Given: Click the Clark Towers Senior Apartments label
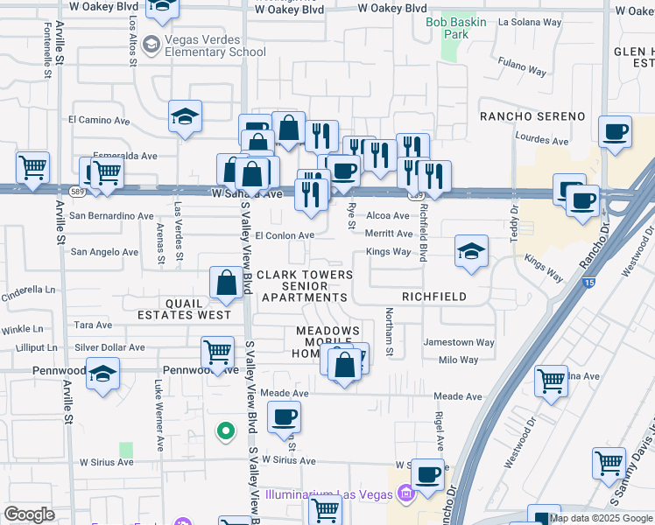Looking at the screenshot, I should (304, 286).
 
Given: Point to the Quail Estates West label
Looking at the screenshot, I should (184, 307).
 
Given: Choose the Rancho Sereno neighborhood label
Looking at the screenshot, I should (532, 116).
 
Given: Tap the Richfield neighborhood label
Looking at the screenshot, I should (434, 297).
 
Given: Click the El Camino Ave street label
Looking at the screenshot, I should (99, 119).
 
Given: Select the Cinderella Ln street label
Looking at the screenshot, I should (28, 289).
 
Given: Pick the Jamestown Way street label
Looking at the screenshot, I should (458, 342).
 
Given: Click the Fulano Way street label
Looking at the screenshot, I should (522, 63).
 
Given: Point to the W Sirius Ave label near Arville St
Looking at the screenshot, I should (106, 461).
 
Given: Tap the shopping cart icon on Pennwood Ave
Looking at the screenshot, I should (217, 353).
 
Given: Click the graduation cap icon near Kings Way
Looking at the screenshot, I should (471, 250).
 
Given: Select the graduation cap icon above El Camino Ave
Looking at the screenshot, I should (186, 116).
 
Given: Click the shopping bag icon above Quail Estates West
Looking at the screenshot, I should (226, 283).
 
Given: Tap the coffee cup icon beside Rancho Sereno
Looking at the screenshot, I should (616, 131).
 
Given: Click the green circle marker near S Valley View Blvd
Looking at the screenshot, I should (225, 430).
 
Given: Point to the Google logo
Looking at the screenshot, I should (30, 514).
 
